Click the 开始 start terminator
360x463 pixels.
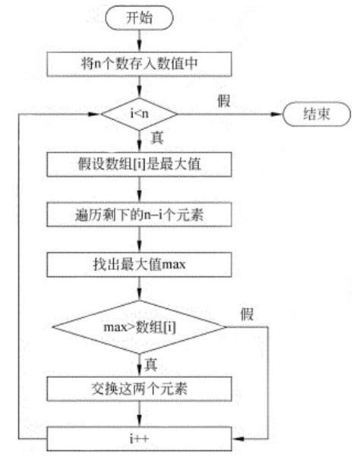[139, 20]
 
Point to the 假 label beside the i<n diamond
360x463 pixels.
[223, 99]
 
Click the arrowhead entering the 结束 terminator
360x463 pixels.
[279, 115]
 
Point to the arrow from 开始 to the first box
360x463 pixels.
[139, 41]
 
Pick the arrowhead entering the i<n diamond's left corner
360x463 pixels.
[96, 115]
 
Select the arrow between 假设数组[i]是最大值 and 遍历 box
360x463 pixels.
[139, 189]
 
